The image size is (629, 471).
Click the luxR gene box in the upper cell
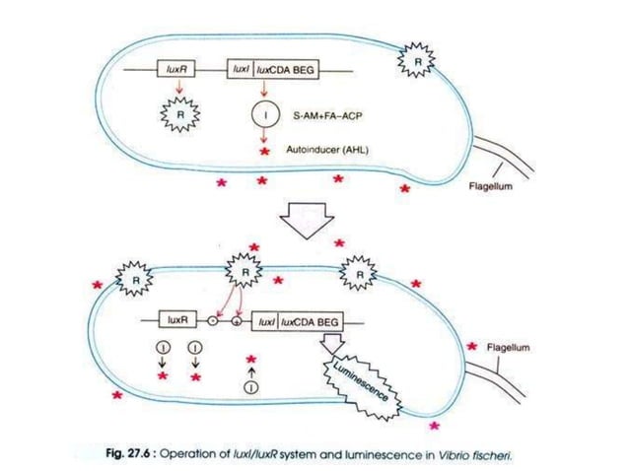click(179, 71)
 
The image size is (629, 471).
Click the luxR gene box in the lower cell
click(177, 321)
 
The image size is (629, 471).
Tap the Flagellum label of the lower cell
click(512, 347)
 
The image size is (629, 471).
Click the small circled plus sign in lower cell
click(237, 321)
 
